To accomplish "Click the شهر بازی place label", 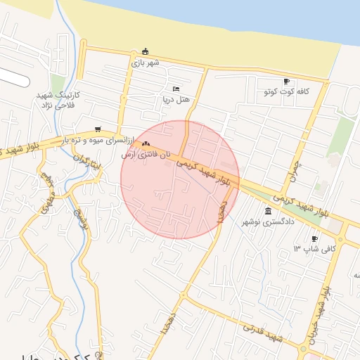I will pyautogui.click(x=146, y=63).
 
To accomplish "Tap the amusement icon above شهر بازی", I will pyautogui.click(x=146, y=51).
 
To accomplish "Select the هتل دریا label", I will pyautogui.click(x=176, y=100).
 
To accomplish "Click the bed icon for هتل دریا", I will pyautogui.click(x=176, y=89).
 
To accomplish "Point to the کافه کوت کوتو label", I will pyautogui.click(x=286, y=92).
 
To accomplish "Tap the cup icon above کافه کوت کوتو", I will pyautogui.click(x=286, y=82).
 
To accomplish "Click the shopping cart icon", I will pyautogui.click(x=97, y=129).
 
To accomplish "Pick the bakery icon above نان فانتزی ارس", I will pyautogui.click(x=146, y=143).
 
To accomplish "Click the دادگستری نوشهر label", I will pyautogui.click(x=268, y=222).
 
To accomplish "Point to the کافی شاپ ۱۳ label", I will pyautogui.click(x=314, y=249).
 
